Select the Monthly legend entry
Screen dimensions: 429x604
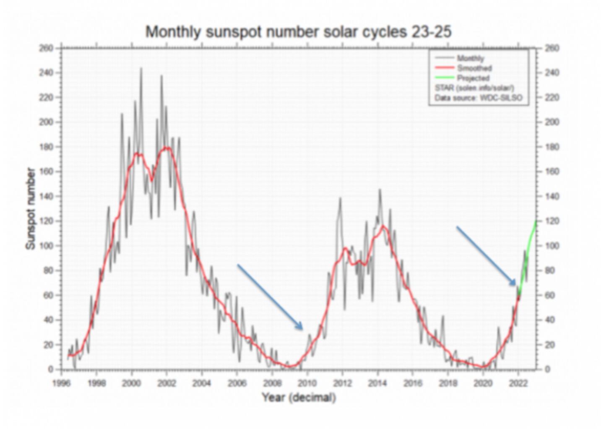470,58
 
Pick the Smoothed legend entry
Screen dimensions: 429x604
474,68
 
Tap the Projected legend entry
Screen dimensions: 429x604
473,78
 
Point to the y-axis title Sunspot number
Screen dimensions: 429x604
31,208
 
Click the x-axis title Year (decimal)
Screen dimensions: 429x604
299,397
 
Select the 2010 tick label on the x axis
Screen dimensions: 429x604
307,383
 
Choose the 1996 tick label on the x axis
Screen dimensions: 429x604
62,383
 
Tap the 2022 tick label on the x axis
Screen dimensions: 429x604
518,383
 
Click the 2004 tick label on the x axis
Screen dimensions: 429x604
202,383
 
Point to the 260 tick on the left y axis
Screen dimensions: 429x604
46,48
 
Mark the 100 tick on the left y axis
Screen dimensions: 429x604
46,246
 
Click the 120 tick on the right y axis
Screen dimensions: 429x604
552,221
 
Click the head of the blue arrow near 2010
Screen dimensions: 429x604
302,328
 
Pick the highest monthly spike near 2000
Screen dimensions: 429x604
141,68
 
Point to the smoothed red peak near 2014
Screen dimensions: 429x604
383,226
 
